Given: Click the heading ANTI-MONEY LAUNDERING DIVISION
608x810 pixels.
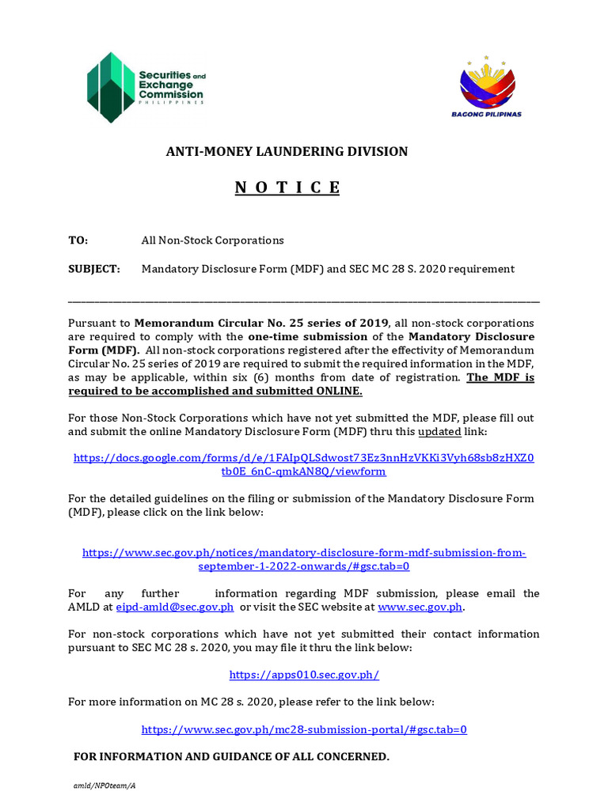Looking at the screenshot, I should pos(287,151).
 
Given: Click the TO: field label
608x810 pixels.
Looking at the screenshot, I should pos(78,240).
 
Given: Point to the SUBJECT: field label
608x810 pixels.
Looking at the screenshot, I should pos(94,269).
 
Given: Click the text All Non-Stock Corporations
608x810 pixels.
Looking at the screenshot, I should pos(212,240).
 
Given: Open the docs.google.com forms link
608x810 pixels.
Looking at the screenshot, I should pos(304,464).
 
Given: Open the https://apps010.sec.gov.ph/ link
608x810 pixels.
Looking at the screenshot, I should pos(304,675).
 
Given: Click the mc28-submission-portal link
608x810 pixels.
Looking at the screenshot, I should pos(304,729).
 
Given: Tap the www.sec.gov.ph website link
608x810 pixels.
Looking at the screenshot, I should pos(420,607).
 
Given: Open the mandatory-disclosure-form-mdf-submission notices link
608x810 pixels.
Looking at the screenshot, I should pos(304,559).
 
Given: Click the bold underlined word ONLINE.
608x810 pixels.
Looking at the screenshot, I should pos(338,391).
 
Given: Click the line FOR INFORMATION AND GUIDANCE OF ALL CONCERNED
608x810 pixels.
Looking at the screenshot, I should pos(231,757).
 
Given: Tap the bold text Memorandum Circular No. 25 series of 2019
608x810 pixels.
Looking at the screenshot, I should pos(261,324).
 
